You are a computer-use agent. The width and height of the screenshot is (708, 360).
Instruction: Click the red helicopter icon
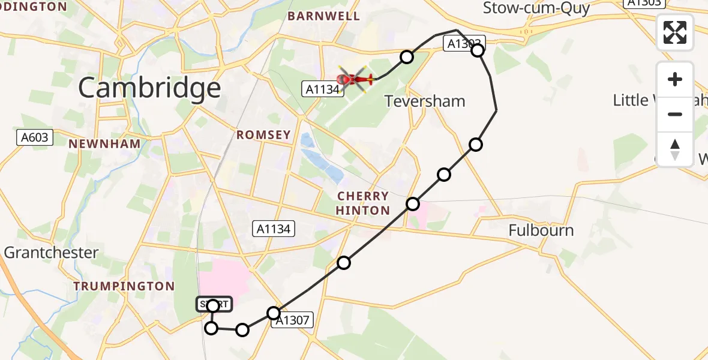point(356,79)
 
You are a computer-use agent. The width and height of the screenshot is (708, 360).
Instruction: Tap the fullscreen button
point(675,32)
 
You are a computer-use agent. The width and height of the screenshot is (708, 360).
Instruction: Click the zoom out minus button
point(675,114)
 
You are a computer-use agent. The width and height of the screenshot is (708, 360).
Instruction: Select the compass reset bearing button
point(675,149)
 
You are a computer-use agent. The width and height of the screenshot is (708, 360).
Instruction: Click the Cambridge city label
point(149,88)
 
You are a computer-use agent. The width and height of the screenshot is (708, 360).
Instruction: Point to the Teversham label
point(425,101)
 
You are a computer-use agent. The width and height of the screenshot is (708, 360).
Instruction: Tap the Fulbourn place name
point(541,230)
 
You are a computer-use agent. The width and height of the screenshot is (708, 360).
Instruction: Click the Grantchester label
point(51,253)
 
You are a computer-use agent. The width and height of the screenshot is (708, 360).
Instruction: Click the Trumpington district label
point(124,286)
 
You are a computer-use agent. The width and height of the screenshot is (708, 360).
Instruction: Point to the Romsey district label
point(263,135)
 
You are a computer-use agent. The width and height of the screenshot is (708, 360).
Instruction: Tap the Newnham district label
point(104,144)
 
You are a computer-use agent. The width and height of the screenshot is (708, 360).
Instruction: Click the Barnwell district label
point(324,16)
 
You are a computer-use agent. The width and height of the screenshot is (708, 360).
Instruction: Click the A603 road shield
point(34,137)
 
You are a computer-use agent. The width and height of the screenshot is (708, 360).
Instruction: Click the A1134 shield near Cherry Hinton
point(274,229)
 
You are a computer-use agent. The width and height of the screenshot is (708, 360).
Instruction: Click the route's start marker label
point(213,305)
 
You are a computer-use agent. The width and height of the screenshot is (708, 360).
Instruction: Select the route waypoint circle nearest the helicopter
point(407,57)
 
